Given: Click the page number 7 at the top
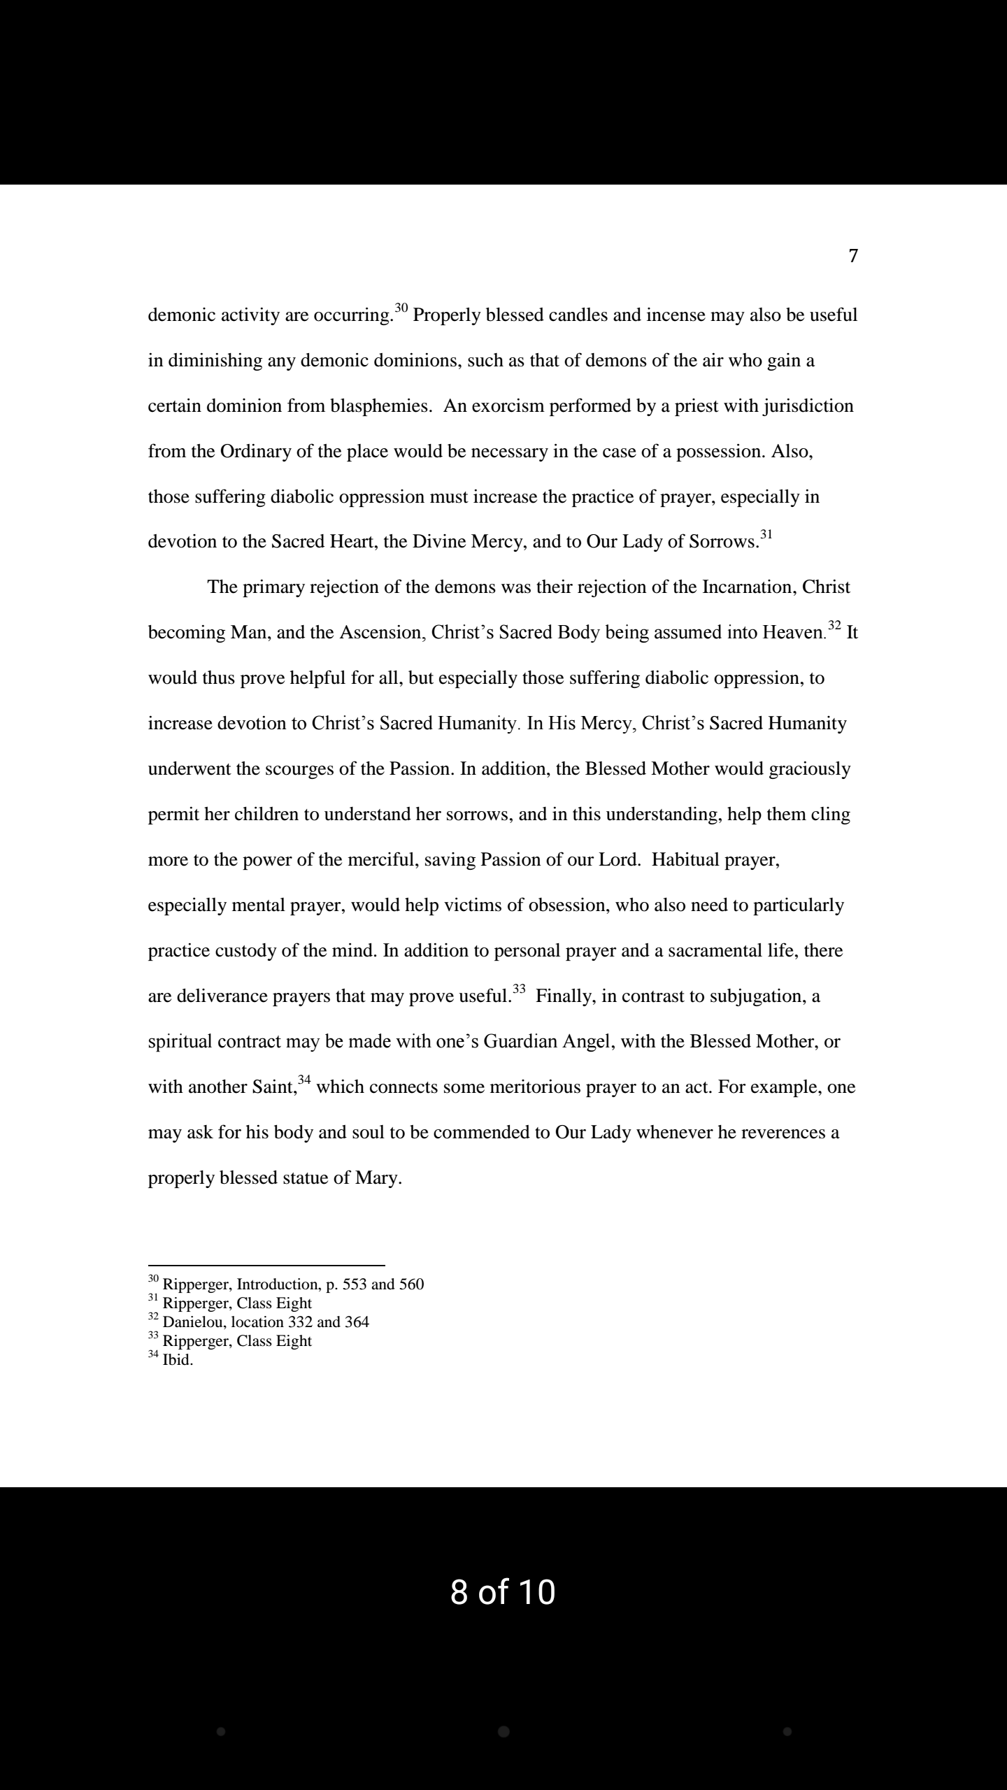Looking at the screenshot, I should pyautogui.click(x=852, y=256).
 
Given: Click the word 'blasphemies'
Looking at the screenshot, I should pyautogui.click(x=379, y=406).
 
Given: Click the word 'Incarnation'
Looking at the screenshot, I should pyautogui.click(x=746, y=587).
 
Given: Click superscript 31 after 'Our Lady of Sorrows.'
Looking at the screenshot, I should pyautogui.click(x=766, y=536).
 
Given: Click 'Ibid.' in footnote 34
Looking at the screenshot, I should pyautogui.click(x=178, y=1360).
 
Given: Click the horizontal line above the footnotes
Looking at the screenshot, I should pyautogui.click(x=266, y=1265).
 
